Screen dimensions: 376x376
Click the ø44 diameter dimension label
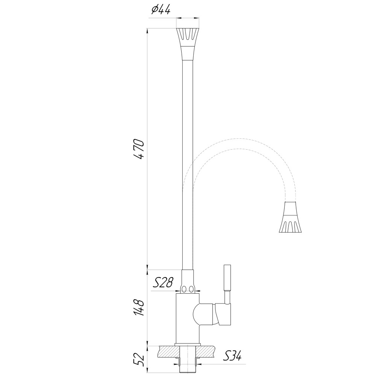click(x=161, y=11)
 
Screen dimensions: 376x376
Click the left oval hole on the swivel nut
click(x=184, y=289)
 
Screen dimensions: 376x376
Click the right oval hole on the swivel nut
click(x=192, y=289)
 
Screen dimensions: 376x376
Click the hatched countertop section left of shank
click(x=168, y=352)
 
